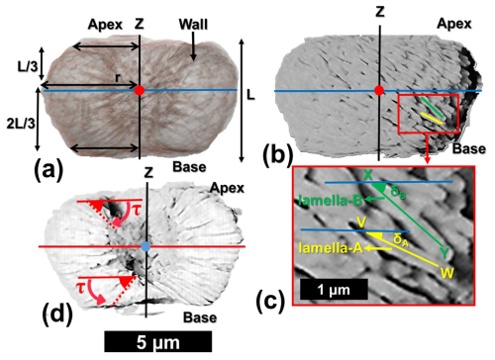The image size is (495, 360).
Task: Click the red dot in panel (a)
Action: coord(141,91)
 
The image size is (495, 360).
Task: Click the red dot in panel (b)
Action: coord(379,91)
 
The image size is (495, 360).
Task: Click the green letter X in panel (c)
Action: coord(368,175)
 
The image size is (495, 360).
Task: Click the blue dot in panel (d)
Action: coord(148,245)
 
